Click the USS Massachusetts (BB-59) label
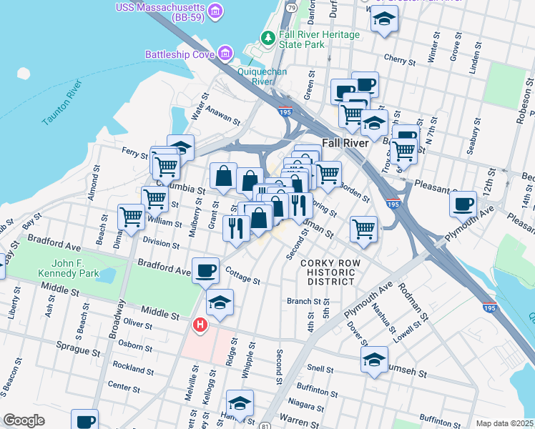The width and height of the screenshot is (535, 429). point(161,8)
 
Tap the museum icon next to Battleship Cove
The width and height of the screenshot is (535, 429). point(226,54)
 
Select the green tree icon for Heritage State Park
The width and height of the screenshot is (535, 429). point(267,36)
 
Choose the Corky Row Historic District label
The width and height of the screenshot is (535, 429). point(328,272)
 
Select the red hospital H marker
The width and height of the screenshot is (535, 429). point(201,325)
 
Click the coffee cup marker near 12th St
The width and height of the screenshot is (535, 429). point(463,204)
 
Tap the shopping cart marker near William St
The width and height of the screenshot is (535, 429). point(132,217)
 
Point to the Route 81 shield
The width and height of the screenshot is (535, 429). point(265,425)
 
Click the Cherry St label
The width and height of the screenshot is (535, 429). point(394,58)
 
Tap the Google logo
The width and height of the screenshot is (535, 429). point(24,420)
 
